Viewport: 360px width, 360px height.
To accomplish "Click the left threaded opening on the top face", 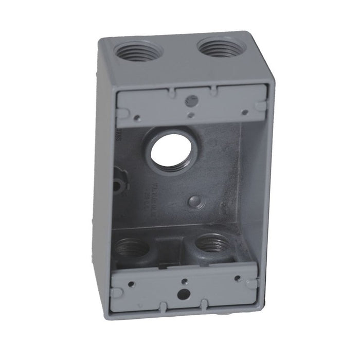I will [x=138, y=51].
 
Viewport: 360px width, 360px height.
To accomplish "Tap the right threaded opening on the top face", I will [x=221, y=48].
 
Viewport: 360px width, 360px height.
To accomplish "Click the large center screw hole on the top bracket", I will [x=191, y=97].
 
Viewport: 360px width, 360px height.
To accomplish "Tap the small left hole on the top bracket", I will [x=137, y=118].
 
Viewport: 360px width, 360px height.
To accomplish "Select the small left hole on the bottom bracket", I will [x=132, y=283].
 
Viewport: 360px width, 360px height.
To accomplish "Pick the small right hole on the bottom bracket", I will [x=237, y=278].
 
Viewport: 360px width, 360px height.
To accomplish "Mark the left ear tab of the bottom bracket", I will [x=117, y=292].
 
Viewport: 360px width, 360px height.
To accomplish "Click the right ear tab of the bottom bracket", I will [x=251, y=283].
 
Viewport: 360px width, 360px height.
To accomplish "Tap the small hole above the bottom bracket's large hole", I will [x=184, y=281].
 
